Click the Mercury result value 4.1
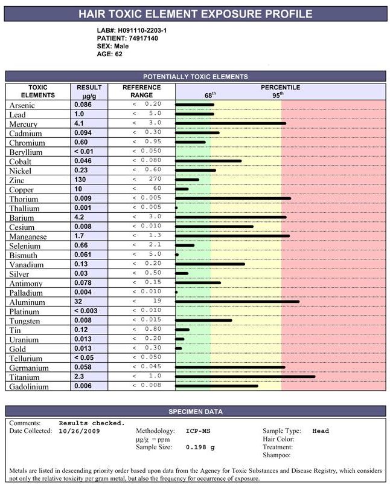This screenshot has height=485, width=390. tap(79, 123)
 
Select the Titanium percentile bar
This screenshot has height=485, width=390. tap(245, 376)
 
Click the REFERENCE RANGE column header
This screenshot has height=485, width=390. tap(142, 91)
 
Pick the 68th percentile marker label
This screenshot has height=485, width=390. tap(209, 95)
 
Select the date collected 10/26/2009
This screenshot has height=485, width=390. tap(80, 431)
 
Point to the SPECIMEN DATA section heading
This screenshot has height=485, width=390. tap(196, 412)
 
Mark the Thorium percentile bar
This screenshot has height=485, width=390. tap(233, 198)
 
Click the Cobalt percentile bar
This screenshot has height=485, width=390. tap(208, 161)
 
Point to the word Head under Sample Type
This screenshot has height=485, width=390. tap(321, 431)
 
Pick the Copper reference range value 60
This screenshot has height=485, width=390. tap(156, 189)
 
